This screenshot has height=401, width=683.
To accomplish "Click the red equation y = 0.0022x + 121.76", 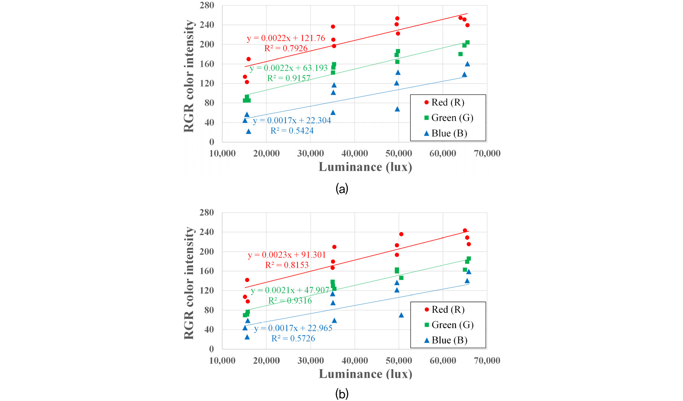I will click(x=286, y=38).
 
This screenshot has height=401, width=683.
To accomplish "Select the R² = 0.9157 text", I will click(x=289, y=79).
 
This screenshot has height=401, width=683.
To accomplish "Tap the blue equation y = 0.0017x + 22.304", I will click(x=292, y=121).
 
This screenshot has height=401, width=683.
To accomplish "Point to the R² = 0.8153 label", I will click(x=287, y=265).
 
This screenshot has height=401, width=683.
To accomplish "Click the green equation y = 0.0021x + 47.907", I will click(x=290, y=291).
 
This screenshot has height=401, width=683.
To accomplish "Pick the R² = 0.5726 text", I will click(x=293, y=338).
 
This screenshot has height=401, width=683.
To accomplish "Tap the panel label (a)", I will click(x=342, y=188).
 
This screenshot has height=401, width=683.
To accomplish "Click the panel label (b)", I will click(x=342, y=394).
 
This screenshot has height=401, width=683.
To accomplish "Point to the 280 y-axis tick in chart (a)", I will click(x=207, y=5).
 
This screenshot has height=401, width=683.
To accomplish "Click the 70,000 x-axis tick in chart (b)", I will click(x=487, y=361).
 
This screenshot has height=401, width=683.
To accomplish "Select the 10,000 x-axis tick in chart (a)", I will click(x=222, y=153).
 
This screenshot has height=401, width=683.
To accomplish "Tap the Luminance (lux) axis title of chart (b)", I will click(x=365, y=374).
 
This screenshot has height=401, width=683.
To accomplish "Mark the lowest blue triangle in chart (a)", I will click(x=249, y=132).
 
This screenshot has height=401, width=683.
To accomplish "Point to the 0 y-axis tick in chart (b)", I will click(x=212, y=349).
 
